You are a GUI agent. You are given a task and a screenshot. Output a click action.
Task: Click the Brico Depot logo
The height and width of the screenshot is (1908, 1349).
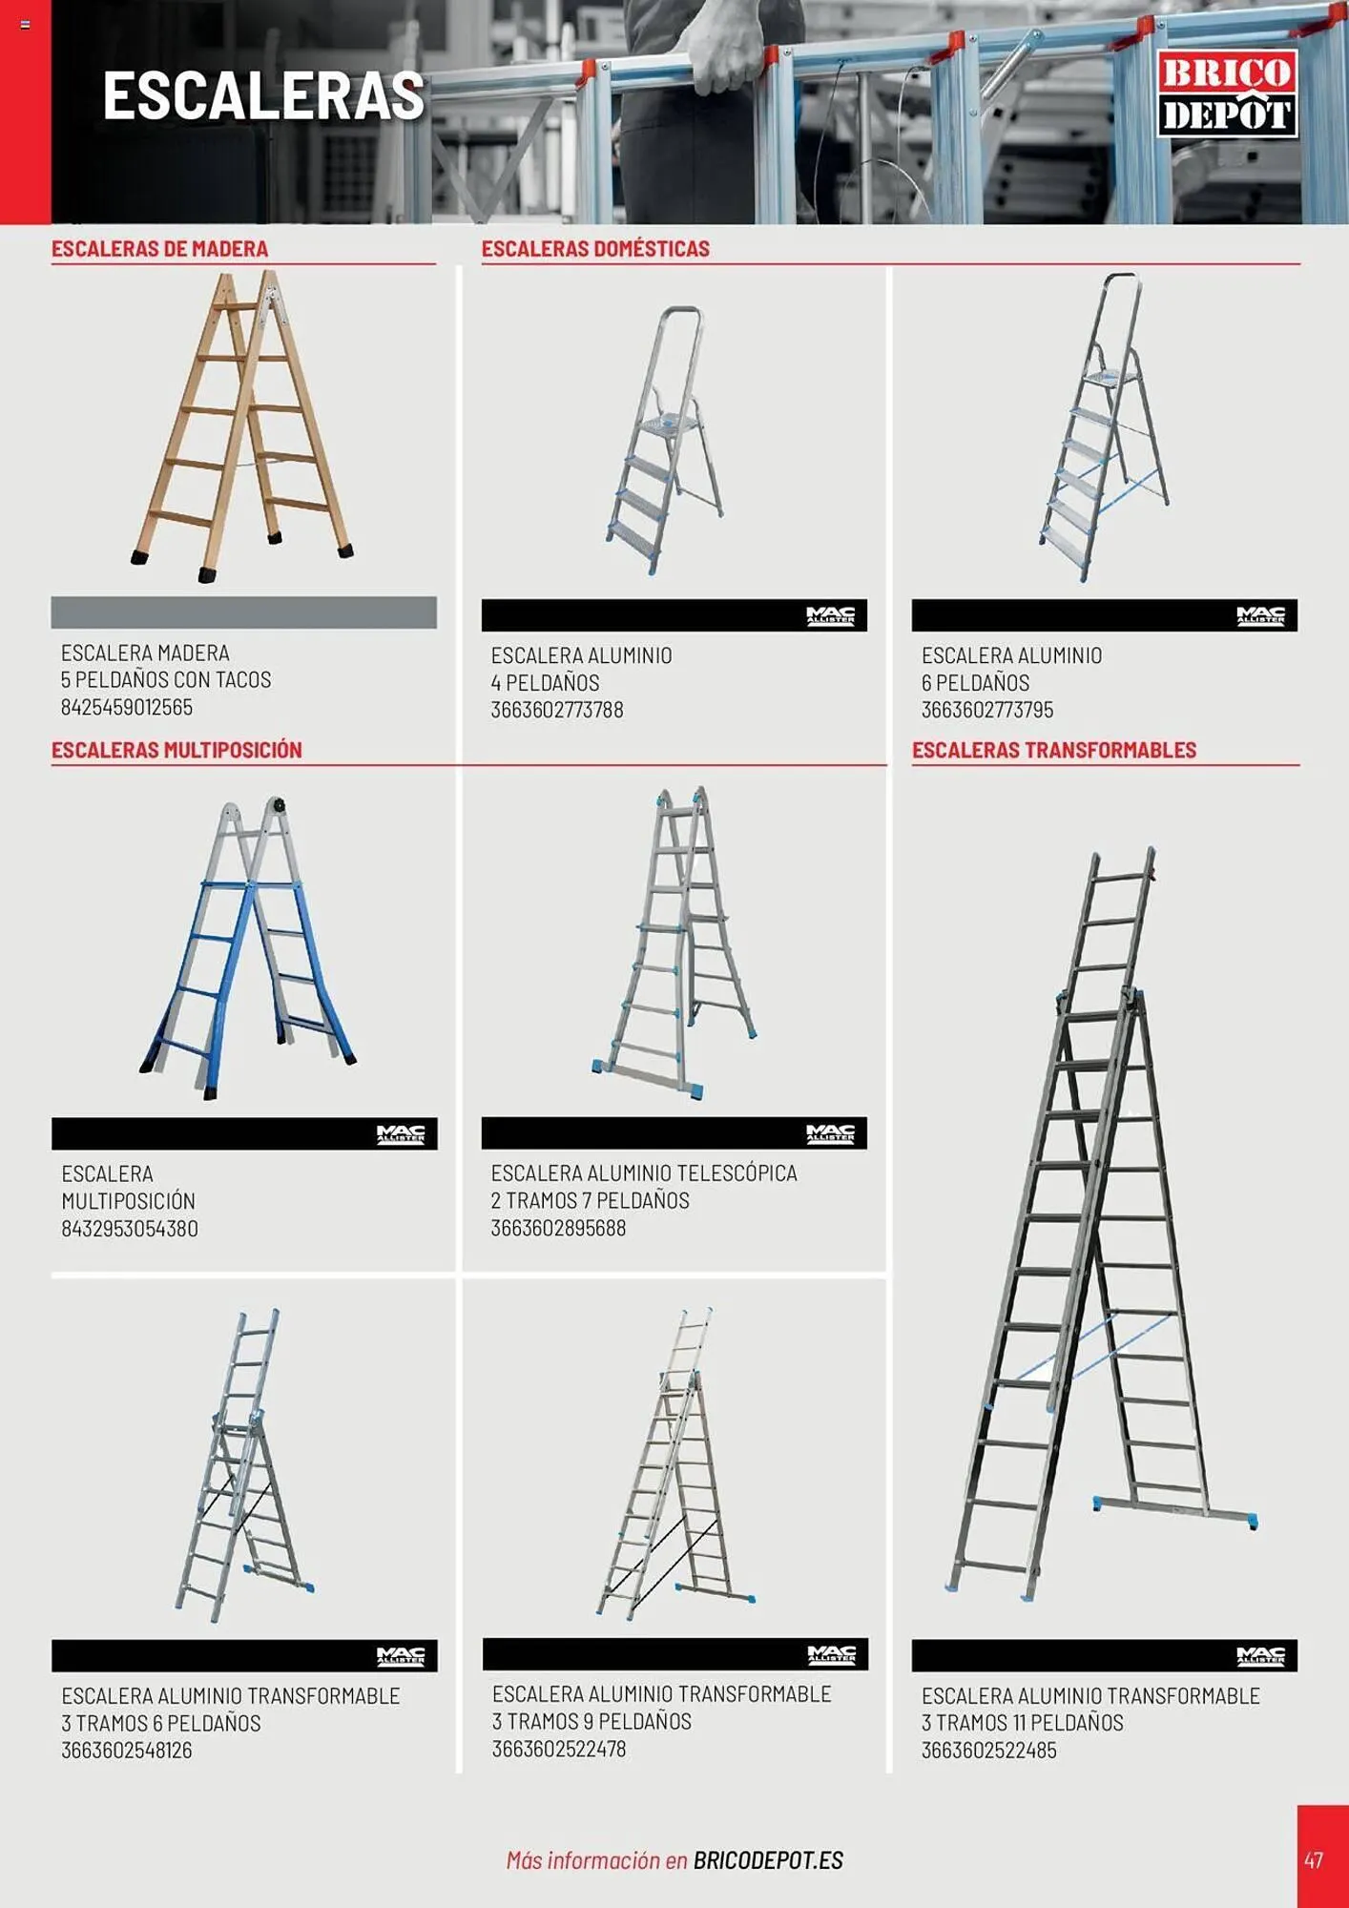coord(1227,93)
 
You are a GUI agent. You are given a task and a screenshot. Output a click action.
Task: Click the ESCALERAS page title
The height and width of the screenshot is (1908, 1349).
coord(263,95)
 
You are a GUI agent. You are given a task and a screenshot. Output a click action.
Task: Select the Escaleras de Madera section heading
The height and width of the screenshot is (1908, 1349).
coord(159,249)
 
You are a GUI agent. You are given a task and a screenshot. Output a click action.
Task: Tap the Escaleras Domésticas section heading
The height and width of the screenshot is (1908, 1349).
coord(595,249)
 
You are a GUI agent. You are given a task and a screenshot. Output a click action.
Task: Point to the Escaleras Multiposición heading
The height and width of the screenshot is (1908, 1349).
coord(176,750)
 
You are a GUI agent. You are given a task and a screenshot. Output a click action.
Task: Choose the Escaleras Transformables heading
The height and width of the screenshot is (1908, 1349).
coord(1054,750)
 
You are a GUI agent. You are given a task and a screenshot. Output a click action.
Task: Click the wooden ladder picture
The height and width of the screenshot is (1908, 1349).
coord(242,425)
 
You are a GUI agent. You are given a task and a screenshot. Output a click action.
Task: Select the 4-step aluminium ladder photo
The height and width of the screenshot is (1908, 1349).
coord(665,440)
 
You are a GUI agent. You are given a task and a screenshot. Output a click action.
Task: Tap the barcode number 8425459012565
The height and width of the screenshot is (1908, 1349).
coord(127,707)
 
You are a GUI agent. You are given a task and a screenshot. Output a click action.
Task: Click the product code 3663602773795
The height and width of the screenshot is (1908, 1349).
coord(987,710)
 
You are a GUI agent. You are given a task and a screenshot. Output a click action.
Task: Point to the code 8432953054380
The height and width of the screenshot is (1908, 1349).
coord(130,1229)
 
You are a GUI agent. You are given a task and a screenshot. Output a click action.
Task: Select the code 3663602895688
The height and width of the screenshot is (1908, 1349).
coord(558,1228)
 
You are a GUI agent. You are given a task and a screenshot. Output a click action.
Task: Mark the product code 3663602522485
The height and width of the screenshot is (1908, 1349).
coord(989,1751)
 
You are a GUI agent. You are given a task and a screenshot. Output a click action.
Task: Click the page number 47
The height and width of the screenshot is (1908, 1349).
coord(1314,1859)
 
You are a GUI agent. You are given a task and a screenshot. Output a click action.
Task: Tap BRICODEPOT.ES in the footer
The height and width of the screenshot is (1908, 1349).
coord(768,1860)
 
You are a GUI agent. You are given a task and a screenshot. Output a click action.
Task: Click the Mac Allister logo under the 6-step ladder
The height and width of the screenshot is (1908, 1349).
coord(1260,615)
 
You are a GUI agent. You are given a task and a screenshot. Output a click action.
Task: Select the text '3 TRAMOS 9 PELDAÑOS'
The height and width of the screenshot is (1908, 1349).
coord(591,1721)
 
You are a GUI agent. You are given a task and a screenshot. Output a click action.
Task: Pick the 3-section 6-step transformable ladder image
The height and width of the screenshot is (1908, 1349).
coord(244,1465)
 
